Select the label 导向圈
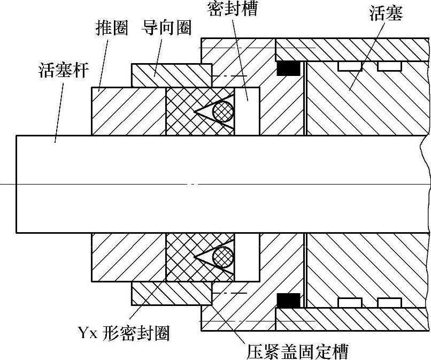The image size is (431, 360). click(167, 28)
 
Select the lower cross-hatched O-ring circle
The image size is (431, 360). click(224, 257)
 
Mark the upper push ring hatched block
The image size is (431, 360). click(129, 111)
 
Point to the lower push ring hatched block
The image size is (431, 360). click(129, 257)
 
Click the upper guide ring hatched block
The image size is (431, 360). click(171, 75)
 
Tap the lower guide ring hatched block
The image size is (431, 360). click(171, 293)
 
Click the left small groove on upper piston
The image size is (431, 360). click(350, 66)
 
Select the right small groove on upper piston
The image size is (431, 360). click(389, 66)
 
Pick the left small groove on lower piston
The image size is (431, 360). click(350, 302)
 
